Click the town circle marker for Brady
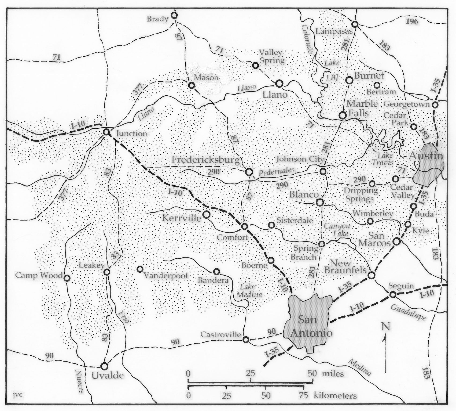pyautogui.click(x=174, y=15)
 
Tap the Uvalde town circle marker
pyautogui.click(x=104, y=366)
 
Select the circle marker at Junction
pyautogui.click(x=106, y=132)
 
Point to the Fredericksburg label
pyautogui.click(x=205, y=160)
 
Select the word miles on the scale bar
pyautogui.click(x=330, y=374)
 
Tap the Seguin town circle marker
pyautogui.click(x=393, y=294)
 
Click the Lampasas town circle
pyautogui.click(x=355, y=24)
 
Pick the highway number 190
pyautogui.click(x=411, y=21)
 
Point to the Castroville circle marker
pyautogui.click(x=245, y=340)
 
